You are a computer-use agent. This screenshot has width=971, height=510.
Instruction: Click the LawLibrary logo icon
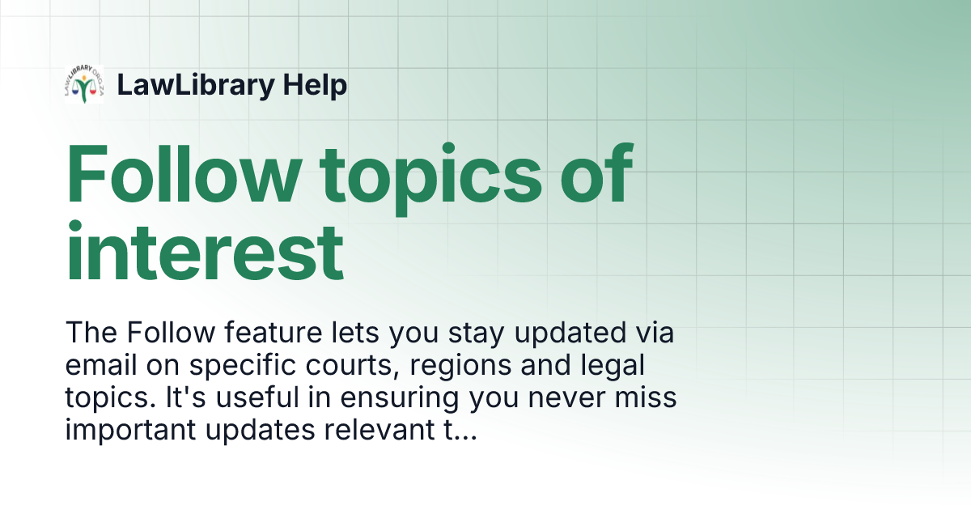tap(83, 84)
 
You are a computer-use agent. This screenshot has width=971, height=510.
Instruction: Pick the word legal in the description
tap(608, 366)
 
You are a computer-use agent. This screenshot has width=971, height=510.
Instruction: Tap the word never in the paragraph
tap(552, 398)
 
